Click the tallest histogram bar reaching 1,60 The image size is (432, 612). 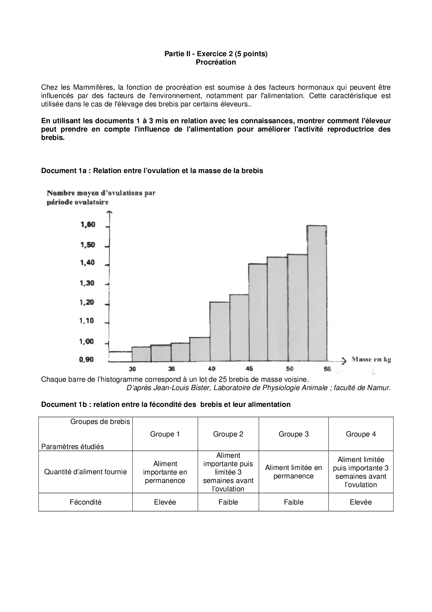(317, 293)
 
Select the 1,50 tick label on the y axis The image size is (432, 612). (88, 245)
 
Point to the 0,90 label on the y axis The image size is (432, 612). (86, 360)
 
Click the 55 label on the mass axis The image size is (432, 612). (327, 369)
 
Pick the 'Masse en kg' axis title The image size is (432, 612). (371, 359)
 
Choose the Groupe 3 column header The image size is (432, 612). (293, 434)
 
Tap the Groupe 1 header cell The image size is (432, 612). (165, 434)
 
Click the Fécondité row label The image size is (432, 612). (85, 502)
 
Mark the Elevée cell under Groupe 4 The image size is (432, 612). (361, 502)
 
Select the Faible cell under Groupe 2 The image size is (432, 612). (228, 502)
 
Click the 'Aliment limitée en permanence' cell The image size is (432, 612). (293, 472)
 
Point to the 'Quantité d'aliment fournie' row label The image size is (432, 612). (85, 472)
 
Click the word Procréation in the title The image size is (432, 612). (216, 62)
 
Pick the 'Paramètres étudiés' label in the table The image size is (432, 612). (72, 447)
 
